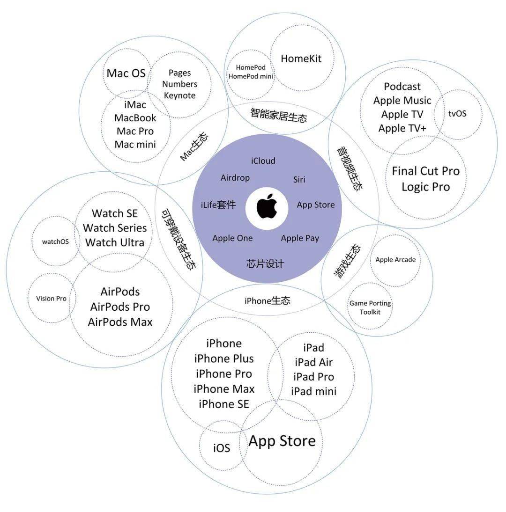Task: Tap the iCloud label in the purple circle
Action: point(263,161)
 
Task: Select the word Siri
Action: point(299,180)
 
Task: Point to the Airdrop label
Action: point(235,178)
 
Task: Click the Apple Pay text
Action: point(300,238)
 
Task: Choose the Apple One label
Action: point(232,238)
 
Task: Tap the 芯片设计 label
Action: point(265,263)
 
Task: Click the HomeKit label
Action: point(301,59)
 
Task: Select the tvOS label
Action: point(457,114)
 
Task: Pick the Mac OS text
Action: point(126,73)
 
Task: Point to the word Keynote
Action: point(179,95)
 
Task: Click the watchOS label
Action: point(55,242)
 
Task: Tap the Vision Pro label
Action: point(51,299)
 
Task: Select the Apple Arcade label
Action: point(395,260)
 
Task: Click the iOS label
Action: point(222,448)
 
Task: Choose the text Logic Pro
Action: point(425,187)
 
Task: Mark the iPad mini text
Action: point(313,391)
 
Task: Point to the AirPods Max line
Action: point(120,322)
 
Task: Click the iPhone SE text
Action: point(224,404)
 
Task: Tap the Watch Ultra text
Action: point(115,242)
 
